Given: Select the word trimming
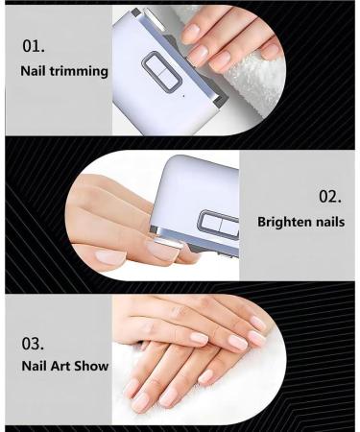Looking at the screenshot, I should [81, 72].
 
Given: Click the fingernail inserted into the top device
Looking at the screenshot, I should [198, 54].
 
